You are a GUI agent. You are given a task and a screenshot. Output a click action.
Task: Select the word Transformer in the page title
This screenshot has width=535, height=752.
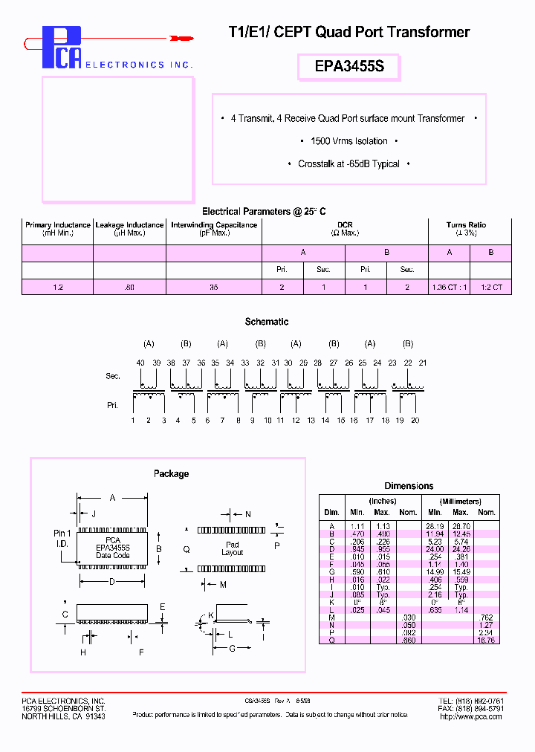click(433, 32)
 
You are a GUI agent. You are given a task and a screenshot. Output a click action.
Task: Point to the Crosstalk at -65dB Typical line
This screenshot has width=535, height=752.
click(348, 164)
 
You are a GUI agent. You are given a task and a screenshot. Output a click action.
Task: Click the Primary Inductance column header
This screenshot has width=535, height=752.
click(57, 228)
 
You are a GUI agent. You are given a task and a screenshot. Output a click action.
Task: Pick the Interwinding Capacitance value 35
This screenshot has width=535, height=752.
click(214, 287)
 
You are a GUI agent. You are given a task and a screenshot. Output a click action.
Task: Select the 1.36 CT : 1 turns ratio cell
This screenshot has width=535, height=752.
click(449, 287)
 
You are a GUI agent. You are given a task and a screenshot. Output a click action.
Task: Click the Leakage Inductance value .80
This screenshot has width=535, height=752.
click(129, 287)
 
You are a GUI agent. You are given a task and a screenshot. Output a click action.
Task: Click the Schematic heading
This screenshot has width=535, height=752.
click(267, 322)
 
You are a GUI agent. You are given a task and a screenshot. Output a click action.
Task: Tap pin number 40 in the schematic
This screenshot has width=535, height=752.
click(140, 362)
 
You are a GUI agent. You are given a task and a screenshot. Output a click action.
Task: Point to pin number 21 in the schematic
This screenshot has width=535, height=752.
click(423, 362)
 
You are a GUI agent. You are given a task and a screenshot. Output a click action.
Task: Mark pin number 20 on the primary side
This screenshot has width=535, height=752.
click(415, 421)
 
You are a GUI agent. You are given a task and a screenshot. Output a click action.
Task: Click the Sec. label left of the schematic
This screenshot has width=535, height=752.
click(112, 377)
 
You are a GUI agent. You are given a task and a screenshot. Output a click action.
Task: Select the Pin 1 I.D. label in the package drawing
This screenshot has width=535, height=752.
click(62, 538)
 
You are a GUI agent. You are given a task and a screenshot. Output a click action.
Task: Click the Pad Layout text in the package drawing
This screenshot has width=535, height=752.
click(233, 548)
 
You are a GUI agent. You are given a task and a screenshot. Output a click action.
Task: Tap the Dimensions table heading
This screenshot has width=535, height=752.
click(409, 486)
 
